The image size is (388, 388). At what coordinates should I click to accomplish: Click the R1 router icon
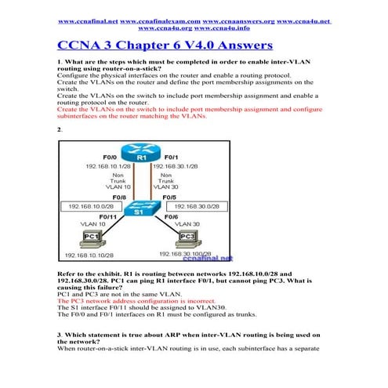[x=142, y=157]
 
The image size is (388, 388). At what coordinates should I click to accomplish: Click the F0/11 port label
[x=109, y=216]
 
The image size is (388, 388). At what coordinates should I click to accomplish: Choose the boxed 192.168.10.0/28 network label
[x=91, y=205]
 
